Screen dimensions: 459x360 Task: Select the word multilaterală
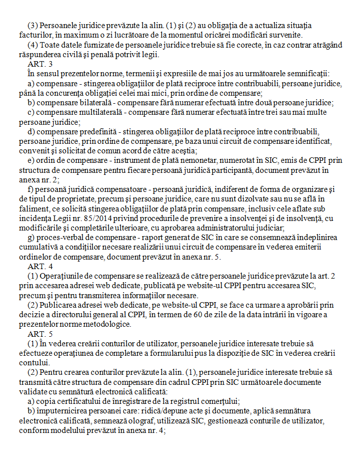(x=97, y=112)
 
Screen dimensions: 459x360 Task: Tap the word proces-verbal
(x=58, y=238)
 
